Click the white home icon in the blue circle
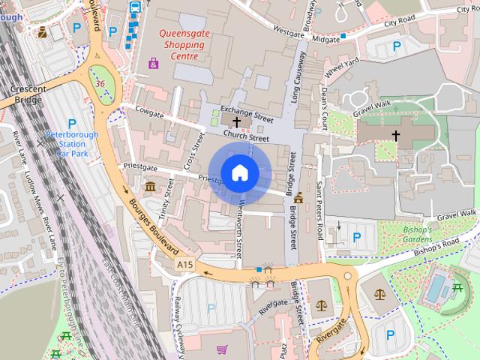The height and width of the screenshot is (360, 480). click(239, 173)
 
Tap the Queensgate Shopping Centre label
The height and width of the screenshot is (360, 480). click(180, 44)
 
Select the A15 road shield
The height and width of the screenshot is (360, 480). click(185, 265)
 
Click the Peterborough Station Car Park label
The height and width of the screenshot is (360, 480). click(72, 142)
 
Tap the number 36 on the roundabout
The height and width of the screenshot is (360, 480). click(100, 83)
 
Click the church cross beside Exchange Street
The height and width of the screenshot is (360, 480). click(237, 121)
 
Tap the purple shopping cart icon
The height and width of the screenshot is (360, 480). click(222, 349)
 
